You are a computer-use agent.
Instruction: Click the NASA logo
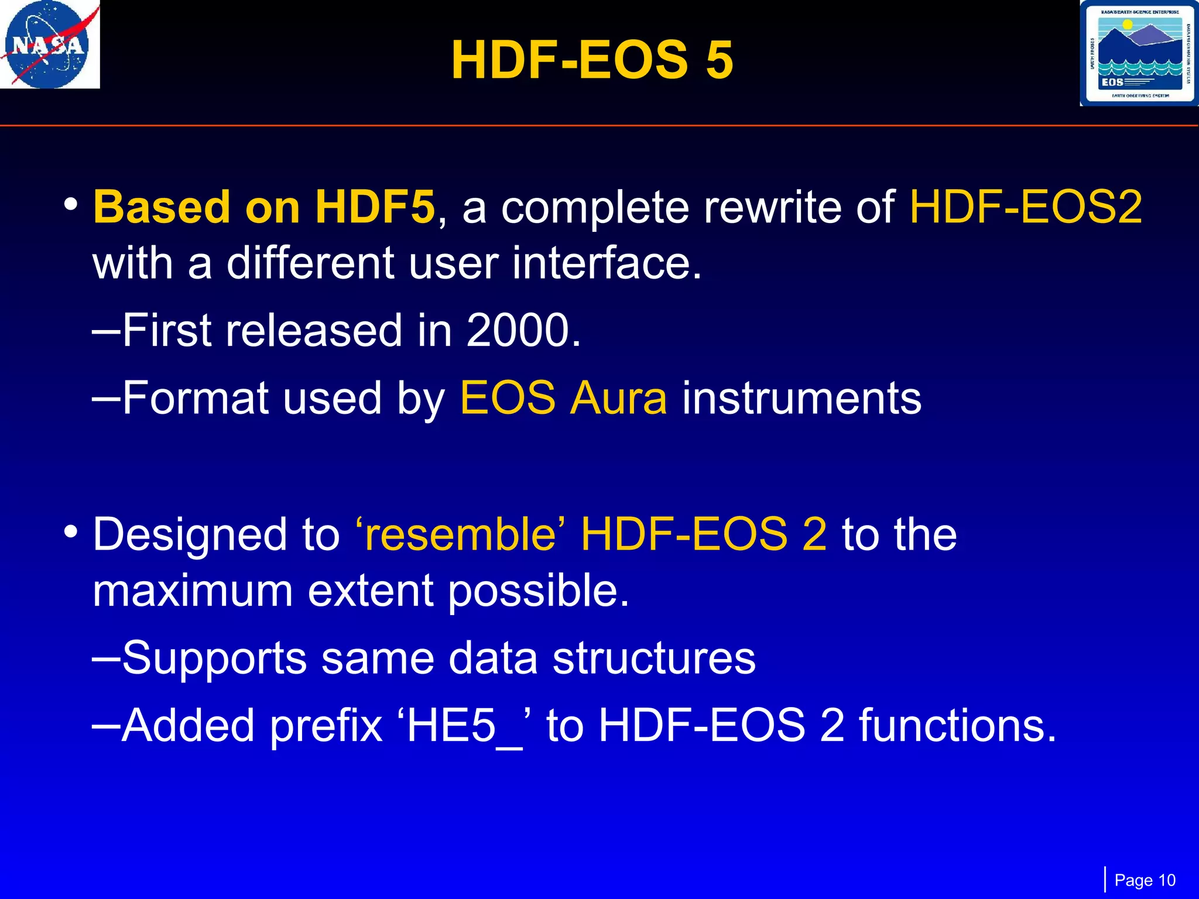(x=49, y=44)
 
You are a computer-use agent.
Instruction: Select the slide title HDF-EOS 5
(x=592, y=60)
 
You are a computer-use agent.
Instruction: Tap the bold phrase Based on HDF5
(x=263, y=207)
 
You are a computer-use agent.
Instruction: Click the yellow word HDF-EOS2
(x=1025, y=207)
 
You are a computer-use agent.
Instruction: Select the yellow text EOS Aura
(x=563, y=399)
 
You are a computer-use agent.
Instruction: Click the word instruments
(x=801, y=399)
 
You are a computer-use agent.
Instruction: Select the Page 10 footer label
(x=1145, y=880)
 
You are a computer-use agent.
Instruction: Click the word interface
(x=606, y=263)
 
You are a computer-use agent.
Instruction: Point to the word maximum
(x=193, y=591)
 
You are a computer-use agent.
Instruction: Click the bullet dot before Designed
(x=71, y=532)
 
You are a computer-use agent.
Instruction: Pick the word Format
(x=195, y=399)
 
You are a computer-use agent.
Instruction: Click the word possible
(x=538, y=591)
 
